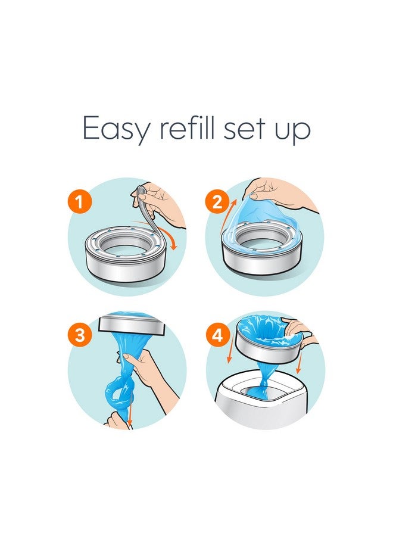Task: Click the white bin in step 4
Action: tap(268, 405)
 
